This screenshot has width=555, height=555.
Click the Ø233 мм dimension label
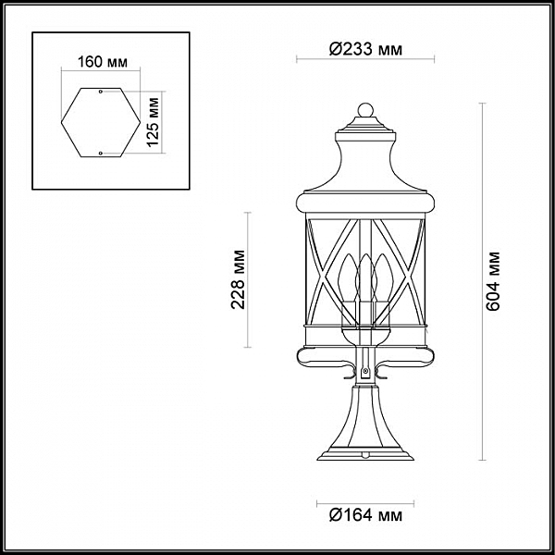(x=365, y=49)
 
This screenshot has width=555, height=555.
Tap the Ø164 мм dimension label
(x=365, y=515)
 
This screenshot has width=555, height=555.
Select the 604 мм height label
(x=492, y=281)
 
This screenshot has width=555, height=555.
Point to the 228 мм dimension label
(x=238, y=279)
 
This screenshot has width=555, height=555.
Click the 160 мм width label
(x=103, y=62)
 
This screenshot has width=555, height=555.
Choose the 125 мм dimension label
(x=153, y=122)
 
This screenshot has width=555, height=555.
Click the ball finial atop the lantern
(x=365, y=110)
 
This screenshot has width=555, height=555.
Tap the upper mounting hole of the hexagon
(x=101, y=92)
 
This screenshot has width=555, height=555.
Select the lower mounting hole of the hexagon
(x=101, y=154)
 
